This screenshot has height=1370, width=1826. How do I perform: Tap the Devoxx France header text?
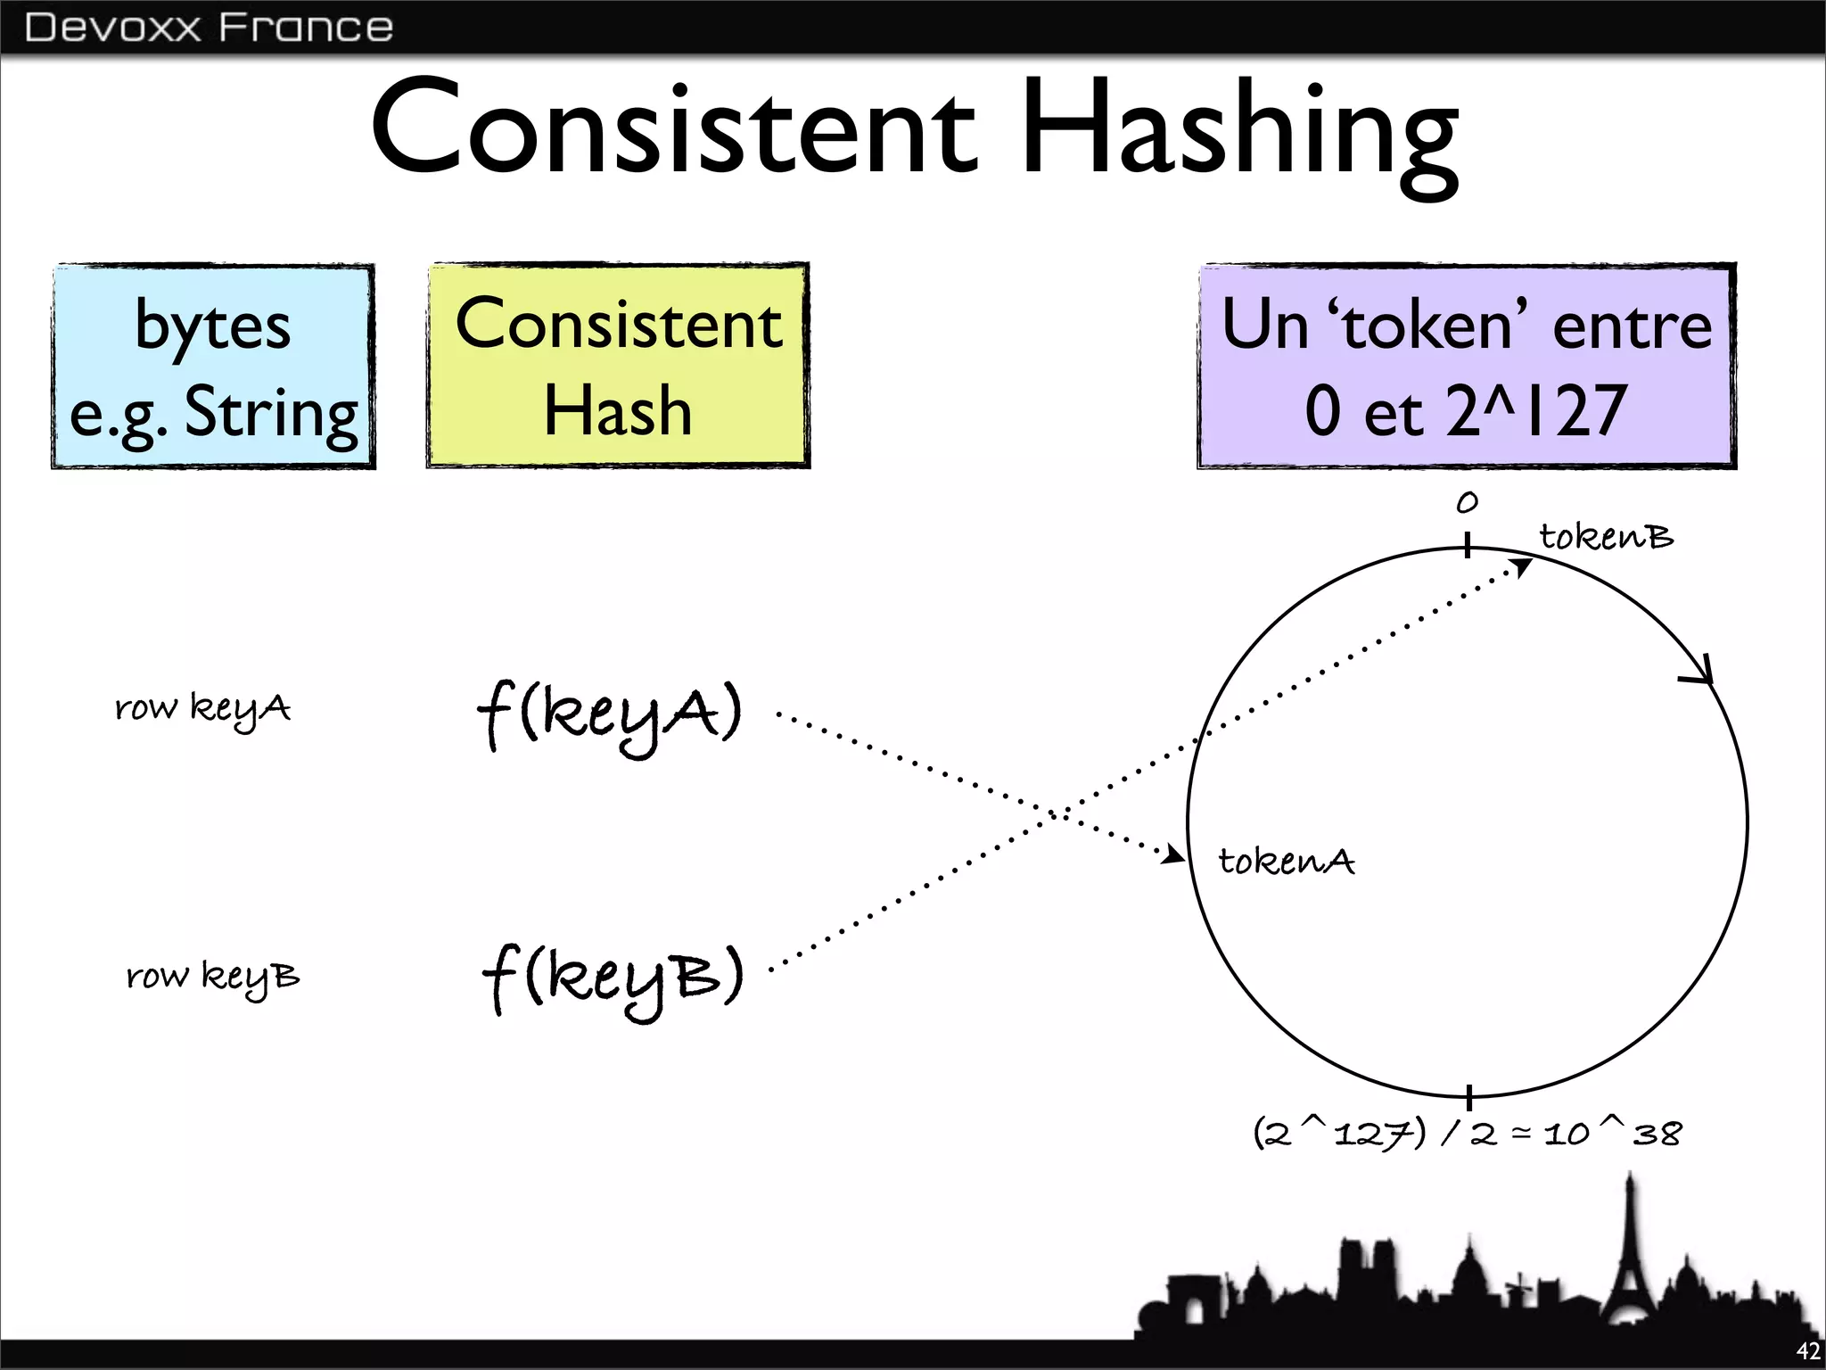[x=209, y=28]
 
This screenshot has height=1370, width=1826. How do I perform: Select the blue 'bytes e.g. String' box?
[x=213, y=367]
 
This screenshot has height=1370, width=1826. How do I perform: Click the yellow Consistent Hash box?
[x=618, y=366]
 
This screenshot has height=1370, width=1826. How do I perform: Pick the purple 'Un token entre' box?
[x=1467, y=367]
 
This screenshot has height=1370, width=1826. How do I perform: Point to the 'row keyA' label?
[x=203, y=709]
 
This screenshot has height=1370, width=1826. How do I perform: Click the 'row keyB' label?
[x=213, y=977]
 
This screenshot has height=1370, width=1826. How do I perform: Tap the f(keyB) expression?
[x=613, y=979]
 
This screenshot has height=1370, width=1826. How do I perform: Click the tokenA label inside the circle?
[x=1287, y=862]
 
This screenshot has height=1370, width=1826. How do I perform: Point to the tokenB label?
[x=1607, y=537]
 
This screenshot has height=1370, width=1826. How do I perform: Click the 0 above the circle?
[x=1467, y=503]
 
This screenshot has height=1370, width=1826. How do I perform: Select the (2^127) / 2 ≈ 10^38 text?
[x=1468, y=1134]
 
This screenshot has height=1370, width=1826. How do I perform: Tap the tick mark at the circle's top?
[x=1467, y=545]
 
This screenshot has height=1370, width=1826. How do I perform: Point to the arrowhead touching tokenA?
[x=1175, y=855]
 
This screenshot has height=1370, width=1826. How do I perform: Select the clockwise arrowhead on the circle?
[x=1701, y=673]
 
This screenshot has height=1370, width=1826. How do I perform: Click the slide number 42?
[x=1807, y=1351]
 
